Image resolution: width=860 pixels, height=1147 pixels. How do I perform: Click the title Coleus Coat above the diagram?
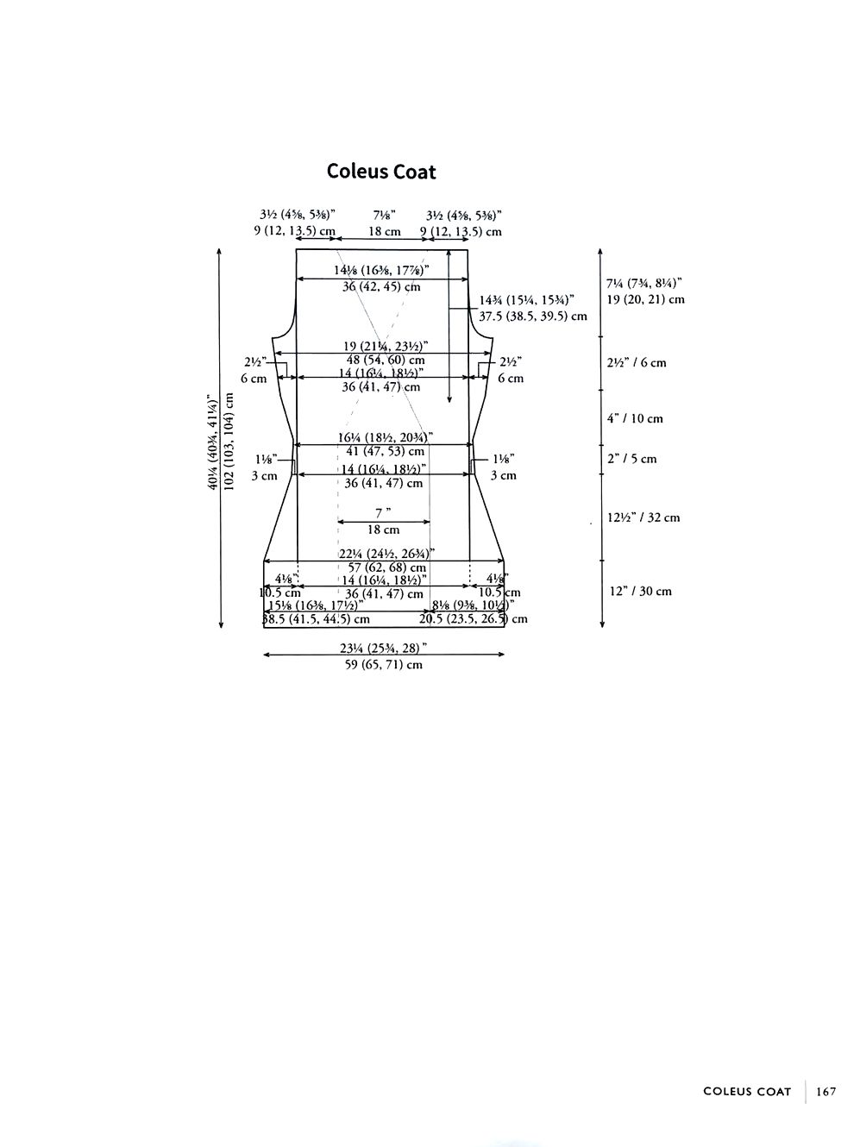coord(381,172)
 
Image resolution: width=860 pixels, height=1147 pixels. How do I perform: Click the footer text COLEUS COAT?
coord(747,1091)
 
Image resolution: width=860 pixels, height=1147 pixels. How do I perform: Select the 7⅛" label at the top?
coord(385,216)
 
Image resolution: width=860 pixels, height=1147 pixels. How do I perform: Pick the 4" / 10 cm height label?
coord(635,418)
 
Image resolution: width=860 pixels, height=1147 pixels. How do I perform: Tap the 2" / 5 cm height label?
coord(631,459)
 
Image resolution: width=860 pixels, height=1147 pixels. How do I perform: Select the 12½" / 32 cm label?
coord(643,517)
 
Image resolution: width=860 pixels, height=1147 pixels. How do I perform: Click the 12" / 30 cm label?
coord(639,591)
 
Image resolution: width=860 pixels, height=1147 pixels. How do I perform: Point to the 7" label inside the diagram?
coord(384,512)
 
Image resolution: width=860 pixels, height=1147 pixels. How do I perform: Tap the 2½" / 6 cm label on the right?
coord(637,362)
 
